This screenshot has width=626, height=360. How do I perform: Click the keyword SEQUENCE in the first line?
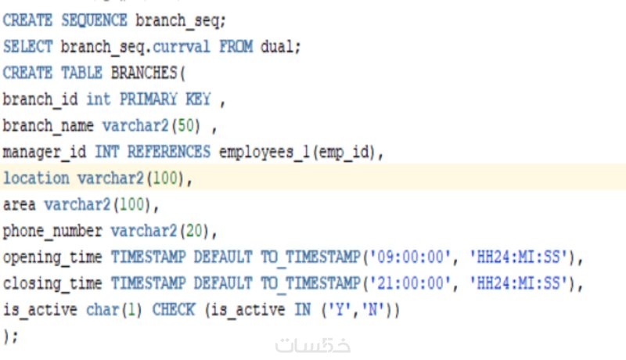click(x=94, y=20)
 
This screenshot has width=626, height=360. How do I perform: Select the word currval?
click(x=182, y=47)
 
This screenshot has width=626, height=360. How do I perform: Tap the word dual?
click(x=277, y=47)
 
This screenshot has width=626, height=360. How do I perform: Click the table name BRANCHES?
click(x=144, y=73)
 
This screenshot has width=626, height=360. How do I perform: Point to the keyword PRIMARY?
click(x=148, y=99)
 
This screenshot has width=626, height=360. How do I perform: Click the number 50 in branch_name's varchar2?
click(x=185, y=126)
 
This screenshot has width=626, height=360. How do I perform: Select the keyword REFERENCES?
click(x=169, y=152)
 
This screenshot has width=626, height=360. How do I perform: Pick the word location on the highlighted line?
click(x=36, y=178)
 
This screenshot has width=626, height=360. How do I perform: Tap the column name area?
click(x=19, y=205)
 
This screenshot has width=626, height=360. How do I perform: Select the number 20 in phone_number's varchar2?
click(x=194, y=231)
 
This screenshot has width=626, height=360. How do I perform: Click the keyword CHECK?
click(x=173, y=310)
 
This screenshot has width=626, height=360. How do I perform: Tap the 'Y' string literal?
click(x=340, y=310)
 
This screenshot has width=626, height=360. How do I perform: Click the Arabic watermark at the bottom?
click(x=312, y=346)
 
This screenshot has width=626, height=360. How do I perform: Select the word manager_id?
click(x=45, y=153)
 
